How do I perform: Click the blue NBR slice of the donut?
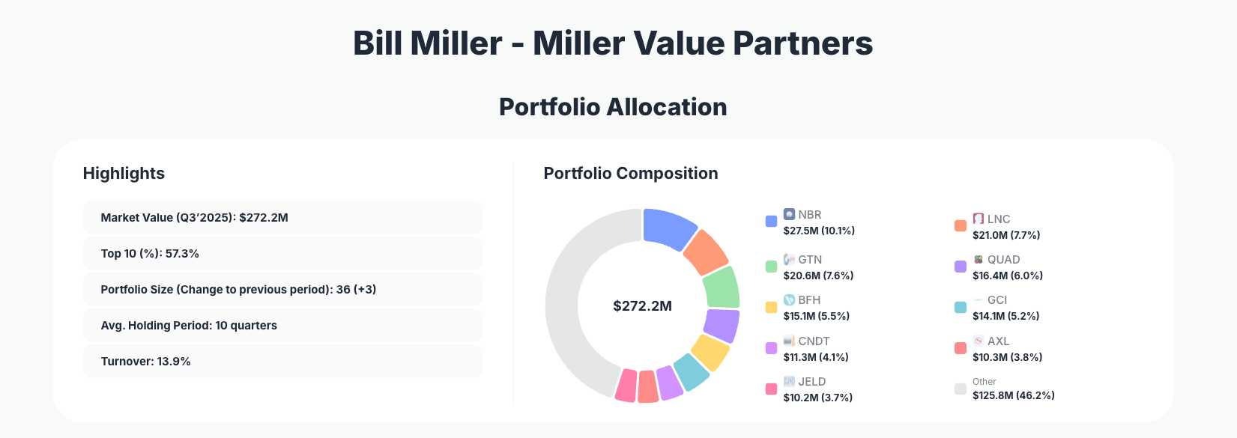click(669, 228)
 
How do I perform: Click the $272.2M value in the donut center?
click(642, 305)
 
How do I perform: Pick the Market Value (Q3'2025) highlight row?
click(282, 217)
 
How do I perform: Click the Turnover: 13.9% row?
click(282, 361)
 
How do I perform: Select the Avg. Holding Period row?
click(282, 325)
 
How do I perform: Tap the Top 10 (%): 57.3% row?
click(282, 253)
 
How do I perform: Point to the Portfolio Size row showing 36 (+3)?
click(282, 289)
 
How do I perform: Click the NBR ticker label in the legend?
click(810, 214)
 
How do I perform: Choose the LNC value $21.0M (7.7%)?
click(1006, 235)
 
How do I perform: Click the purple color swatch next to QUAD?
click(961, 267)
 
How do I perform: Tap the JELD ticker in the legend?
click(811, 381)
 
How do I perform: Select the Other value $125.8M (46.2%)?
click(1013, 395)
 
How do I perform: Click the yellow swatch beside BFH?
click(771, 307)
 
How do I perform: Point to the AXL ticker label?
click(998, 341)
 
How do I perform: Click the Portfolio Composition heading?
click(630, 173)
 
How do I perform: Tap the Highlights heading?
click(124, 173)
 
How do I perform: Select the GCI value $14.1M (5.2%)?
click(1005, 316)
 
